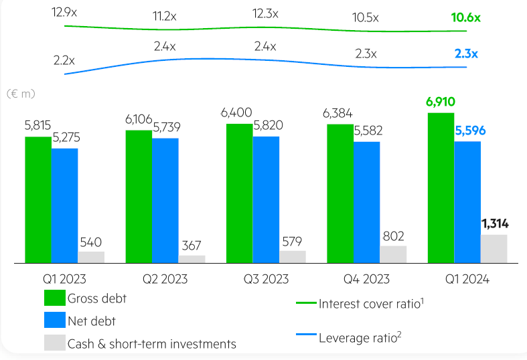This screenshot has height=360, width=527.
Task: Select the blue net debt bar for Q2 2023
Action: click(x=165, y=200)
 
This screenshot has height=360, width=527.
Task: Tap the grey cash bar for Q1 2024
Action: click(x=494, y=248)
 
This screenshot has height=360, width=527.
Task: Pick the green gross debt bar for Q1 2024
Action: click(x=441, y=187)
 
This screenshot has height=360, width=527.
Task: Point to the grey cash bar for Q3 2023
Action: click(x=293, y=256)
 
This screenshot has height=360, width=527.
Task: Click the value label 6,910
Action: click(x=441, y=102)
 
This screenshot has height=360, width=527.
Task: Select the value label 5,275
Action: click(x=64, y=139)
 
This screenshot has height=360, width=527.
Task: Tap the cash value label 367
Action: click(x=192, y=245)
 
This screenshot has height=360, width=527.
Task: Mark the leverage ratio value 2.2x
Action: click(x=64, y=60)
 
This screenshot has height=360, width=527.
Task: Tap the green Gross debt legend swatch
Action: click(x=54, y=299)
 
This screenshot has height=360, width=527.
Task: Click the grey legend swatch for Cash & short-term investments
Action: click(x=54, y=343)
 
